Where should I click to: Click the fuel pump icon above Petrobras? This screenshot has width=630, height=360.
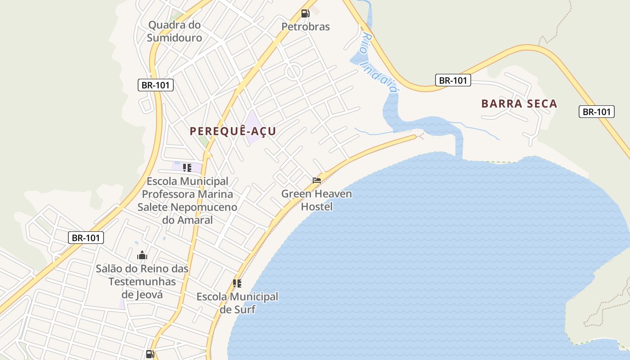tap(306, 13)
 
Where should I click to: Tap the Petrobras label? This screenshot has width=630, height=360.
tap(306, 27)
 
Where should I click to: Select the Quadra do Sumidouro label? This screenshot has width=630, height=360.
tap(175, 31)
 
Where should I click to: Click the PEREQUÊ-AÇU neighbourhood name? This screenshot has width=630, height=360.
tap(233, 131)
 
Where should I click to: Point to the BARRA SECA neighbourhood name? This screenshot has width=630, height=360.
tap(519, 103)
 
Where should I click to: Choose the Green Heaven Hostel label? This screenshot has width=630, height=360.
tap(317, 200)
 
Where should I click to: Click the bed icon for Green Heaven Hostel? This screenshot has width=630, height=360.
tap(317, 180)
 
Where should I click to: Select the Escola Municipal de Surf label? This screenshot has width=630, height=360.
tap(237, 303)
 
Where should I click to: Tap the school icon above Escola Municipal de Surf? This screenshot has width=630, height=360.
tap(237, 283)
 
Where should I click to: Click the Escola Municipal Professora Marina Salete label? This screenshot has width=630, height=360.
tap(187, 201)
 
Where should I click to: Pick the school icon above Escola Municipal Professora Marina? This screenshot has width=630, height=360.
tap(187, 168)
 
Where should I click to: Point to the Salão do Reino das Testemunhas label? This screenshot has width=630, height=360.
tap(142, 282)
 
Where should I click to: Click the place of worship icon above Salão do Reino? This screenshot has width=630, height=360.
tap(142, 256)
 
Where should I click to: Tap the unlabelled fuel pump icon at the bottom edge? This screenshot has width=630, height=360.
tap(150, 354)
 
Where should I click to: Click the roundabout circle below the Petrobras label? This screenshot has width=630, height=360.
tap(293, 71)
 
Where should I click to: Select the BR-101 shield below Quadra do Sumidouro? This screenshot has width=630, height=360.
tap(155, 85)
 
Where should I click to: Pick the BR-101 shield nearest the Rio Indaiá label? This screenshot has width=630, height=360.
tap(453, 81)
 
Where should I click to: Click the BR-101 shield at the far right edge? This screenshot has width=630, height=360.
tap(597, 112)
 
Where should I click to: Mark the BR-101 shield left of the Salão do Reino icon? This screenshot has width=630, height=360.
tap(86, 238)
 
